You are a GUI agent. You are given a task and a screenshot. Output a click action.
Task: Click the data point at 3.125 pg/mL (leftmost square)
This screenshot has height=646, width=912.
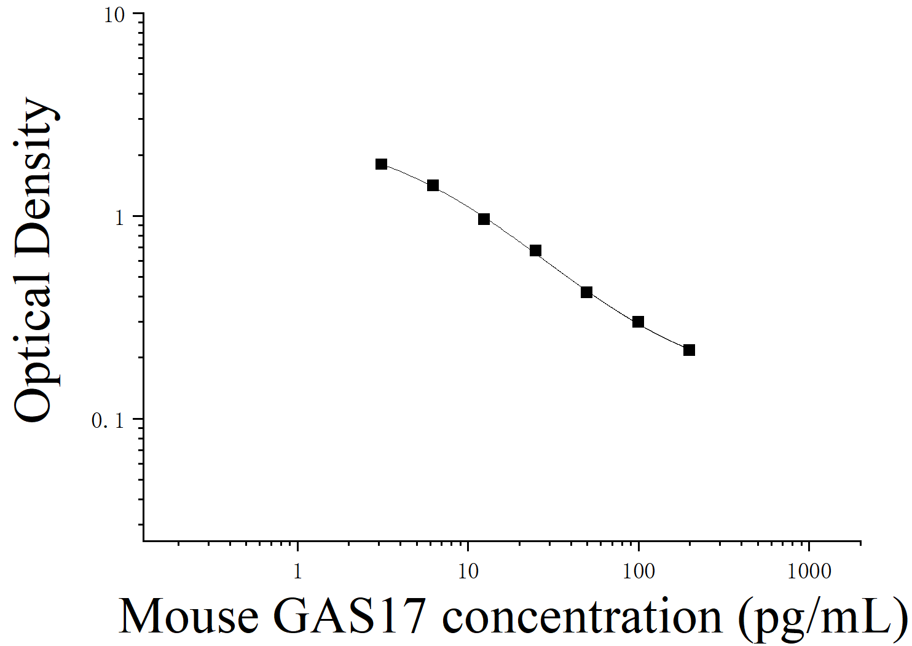(382, 164)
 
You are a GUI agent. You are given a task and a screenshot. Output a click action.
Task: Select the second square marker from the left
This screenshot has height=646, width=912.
(433, 185)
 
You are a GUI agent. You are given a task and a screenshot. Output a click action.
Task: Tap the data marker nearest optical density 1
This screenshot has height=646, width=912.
(484, 219)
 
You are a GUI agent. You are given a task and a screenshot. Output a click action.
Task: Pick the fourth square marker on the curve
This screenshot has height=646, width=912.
(535, 250)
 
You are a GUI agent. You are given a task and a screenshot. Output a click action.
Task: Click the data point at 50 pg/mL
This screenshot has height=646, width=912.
(586, 292)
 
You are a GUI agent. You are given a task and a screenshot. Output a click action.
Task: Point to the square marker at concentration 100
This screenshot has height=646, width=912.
(638, 321)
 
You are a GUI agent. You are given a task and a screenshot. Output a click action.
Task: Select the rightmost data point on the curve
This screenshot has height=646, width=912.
(689, 350)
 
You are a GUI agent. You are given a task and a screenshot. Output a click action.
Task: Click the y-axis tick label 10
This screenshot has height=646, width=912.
(114, 15)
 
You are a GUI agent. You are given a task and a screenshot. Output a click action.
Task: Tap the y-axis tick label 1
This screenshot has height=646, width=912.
(120, 218)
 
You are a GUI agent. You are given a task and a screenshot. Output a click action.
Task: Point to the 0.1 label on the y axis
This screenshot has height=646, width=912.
(108, 420)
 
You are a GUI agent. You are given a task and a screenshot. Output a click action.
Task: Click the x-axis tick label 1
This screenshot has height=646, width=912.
(297, 572)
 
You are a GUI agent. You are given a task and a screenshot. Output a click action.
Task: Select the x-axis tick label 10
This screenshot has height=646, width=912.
(468, 572)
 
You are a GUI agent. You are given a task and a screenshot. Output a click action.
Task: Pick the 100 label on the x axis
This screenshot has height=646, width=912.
(639, 572)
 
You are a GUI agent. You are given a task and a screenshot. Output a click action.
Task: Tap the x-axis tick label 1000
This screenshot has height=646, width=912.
(809, 572)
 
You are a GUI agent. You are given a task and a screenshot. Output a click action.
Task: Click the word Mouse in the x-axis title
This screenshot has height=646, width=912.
(189, 616)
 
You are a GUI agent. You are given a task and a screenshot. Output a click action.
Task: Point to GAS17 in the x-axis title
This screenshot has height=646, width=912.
(349, 616)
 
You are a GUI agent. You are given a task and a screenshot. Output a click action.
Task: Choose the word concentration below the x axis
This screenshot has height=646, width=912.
(582, 616)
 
